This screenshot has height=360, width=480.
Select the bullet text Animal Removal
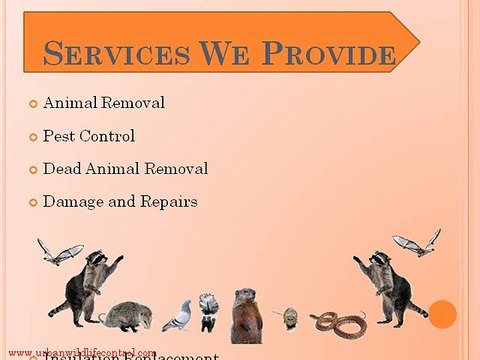105,103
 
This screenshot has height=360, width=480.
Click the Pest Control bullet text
89,136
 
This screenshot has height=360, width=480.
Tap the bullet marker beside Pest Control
33,137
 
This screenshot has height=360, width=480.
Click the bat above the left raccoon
60,250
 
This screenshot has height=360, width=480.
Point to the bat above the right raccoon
417,243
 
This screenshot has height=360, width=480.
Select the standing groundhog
245,314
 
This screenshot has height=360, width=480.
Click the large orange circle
443,314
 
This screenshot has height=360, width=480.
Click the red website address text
79,353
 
